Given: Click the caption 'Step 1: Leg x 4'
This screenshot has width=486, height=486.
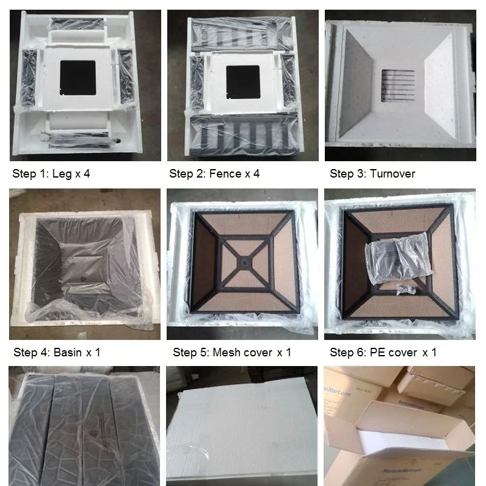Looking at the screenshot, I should [x=51, y=174].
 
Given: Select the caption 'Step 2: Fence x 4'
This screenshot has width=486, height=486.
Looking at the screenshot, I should [x=214, y=174].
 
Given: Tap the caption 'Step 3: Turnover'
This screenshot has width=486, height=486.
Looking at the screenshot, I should [x=372, y=174].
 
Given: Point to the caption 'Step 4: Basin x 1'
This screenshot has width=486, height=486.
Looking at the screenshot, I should [x=57, y=352].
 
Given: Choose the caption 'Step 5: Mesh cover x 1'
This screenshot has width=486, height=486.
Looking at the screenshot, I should [x=231, y=352].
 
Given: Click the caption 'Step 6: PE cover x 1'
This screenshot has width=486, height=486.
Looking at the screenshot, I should [x=382, y=352].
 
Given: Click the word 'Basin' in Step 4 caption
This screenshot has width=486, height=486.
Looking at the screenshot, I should [x=67, y=352].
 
